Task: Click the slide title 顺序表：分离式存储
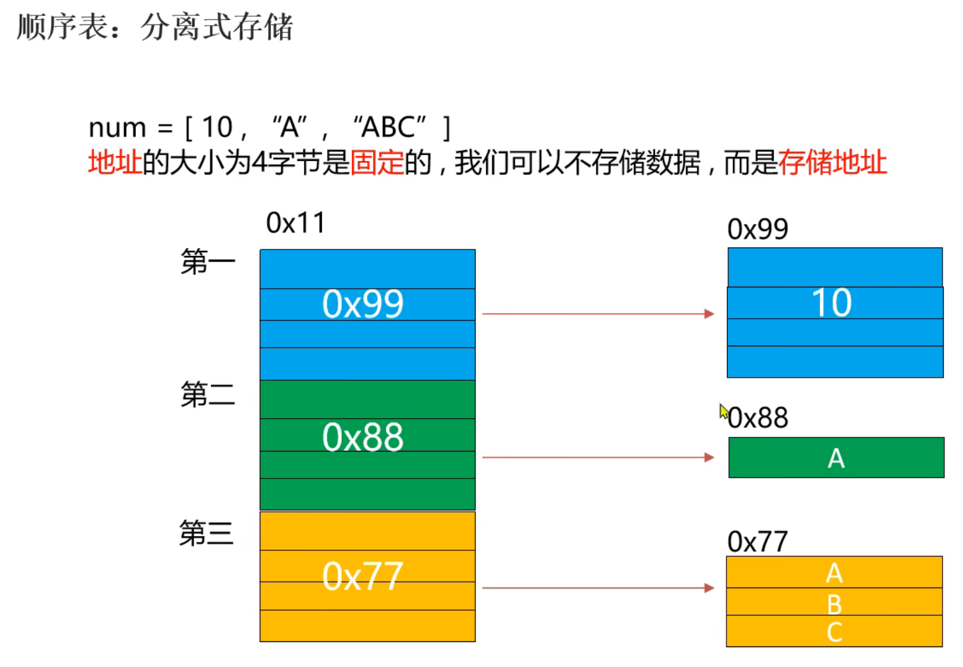coord(155,28)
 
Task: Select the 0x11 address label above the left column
coord(296,223)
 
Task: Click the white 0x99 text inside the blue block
coord(363,304)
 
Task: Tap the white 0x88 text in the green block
coord(363,437)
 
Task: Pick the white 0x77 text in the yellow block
coord(363,576)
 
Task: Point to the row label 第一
coord(208,262)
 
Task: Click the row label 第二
coord(208,394)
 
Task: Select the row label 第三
coord(206,533)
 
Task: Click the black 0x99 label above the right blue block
coord(757,230)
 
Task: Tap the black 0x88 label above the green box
coord(758,418)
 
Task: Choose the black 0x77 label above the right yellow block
coord(757,542)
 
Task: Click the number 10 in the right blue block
coord(832,303)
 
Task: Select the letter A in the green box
coord(836,459)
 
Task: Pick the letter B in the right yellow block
coord(834,604)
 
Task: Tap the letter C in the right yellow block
coord(834,632)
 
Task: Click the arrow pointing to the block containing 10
coord(598,314)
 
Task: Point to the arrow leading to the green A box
coord(598,457)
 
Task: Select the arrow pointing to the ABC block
coord(598,587)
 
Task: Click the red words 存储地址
coord(832,162)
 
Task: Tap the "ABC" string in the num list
coord(390,128)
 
